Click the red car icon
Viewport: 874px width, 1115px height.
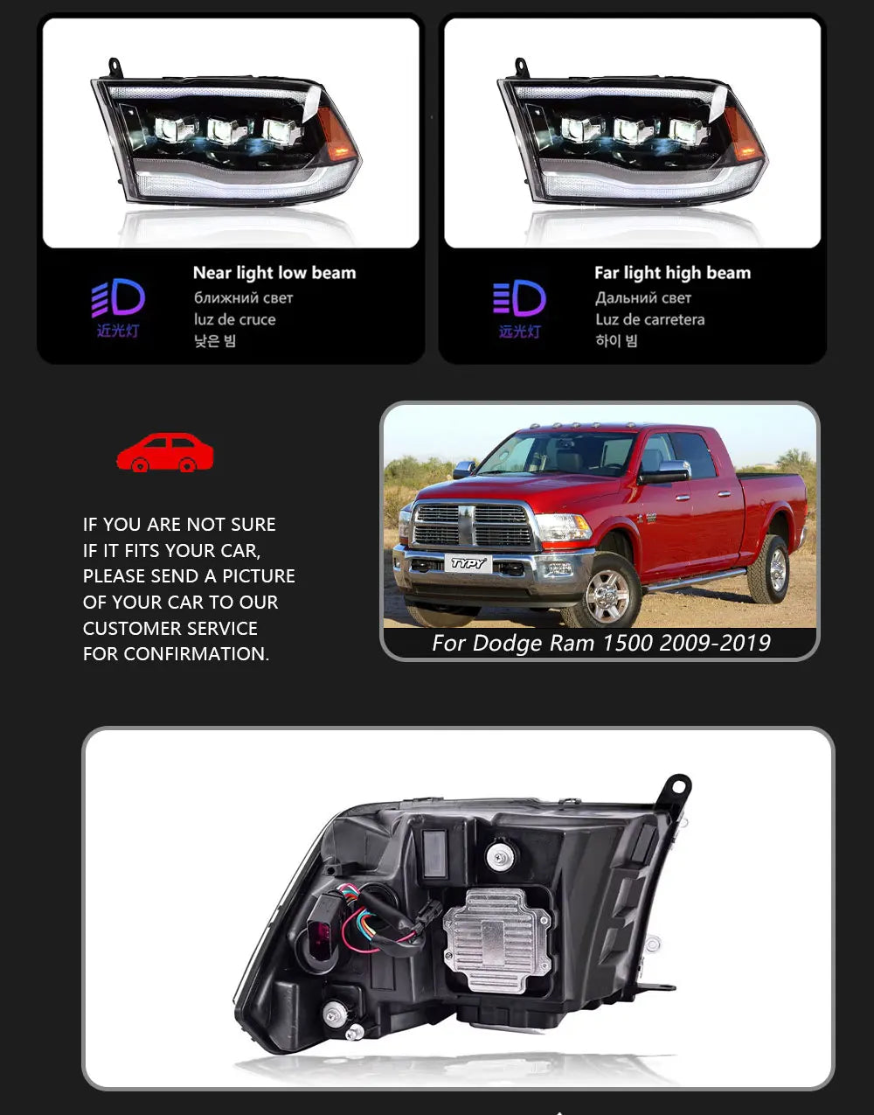[x=164, y=453]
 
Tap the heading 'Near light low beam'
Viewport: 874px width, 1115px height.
[x=274, y=273]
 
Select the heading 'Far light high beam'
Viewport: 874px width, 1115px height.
[x=672, y=273]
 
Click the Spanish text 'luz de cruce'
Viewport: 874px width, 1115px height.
[x=234, y=319]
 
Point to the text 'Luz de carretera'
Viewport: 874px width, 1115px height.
[x=649, y=319]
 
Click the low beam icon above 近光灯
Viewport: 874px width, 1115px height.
[x=118, y=299]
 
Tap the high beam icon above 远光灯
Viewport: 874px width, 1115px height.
[x=519, y=299]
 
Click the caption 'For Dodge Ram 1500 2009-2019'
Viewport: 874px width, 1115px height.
[x=600, y=644]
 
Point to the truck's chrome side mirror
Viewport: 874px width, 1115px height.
[x=664, y=473]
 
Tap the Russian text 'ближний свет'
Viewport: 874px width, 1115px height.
[x=243, y=297]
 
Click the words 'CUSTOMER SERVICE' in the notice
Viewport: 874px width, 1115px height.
[x=170, y=628]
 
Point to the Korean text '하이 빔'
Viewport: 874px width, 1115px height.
[x=616, y=340]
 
